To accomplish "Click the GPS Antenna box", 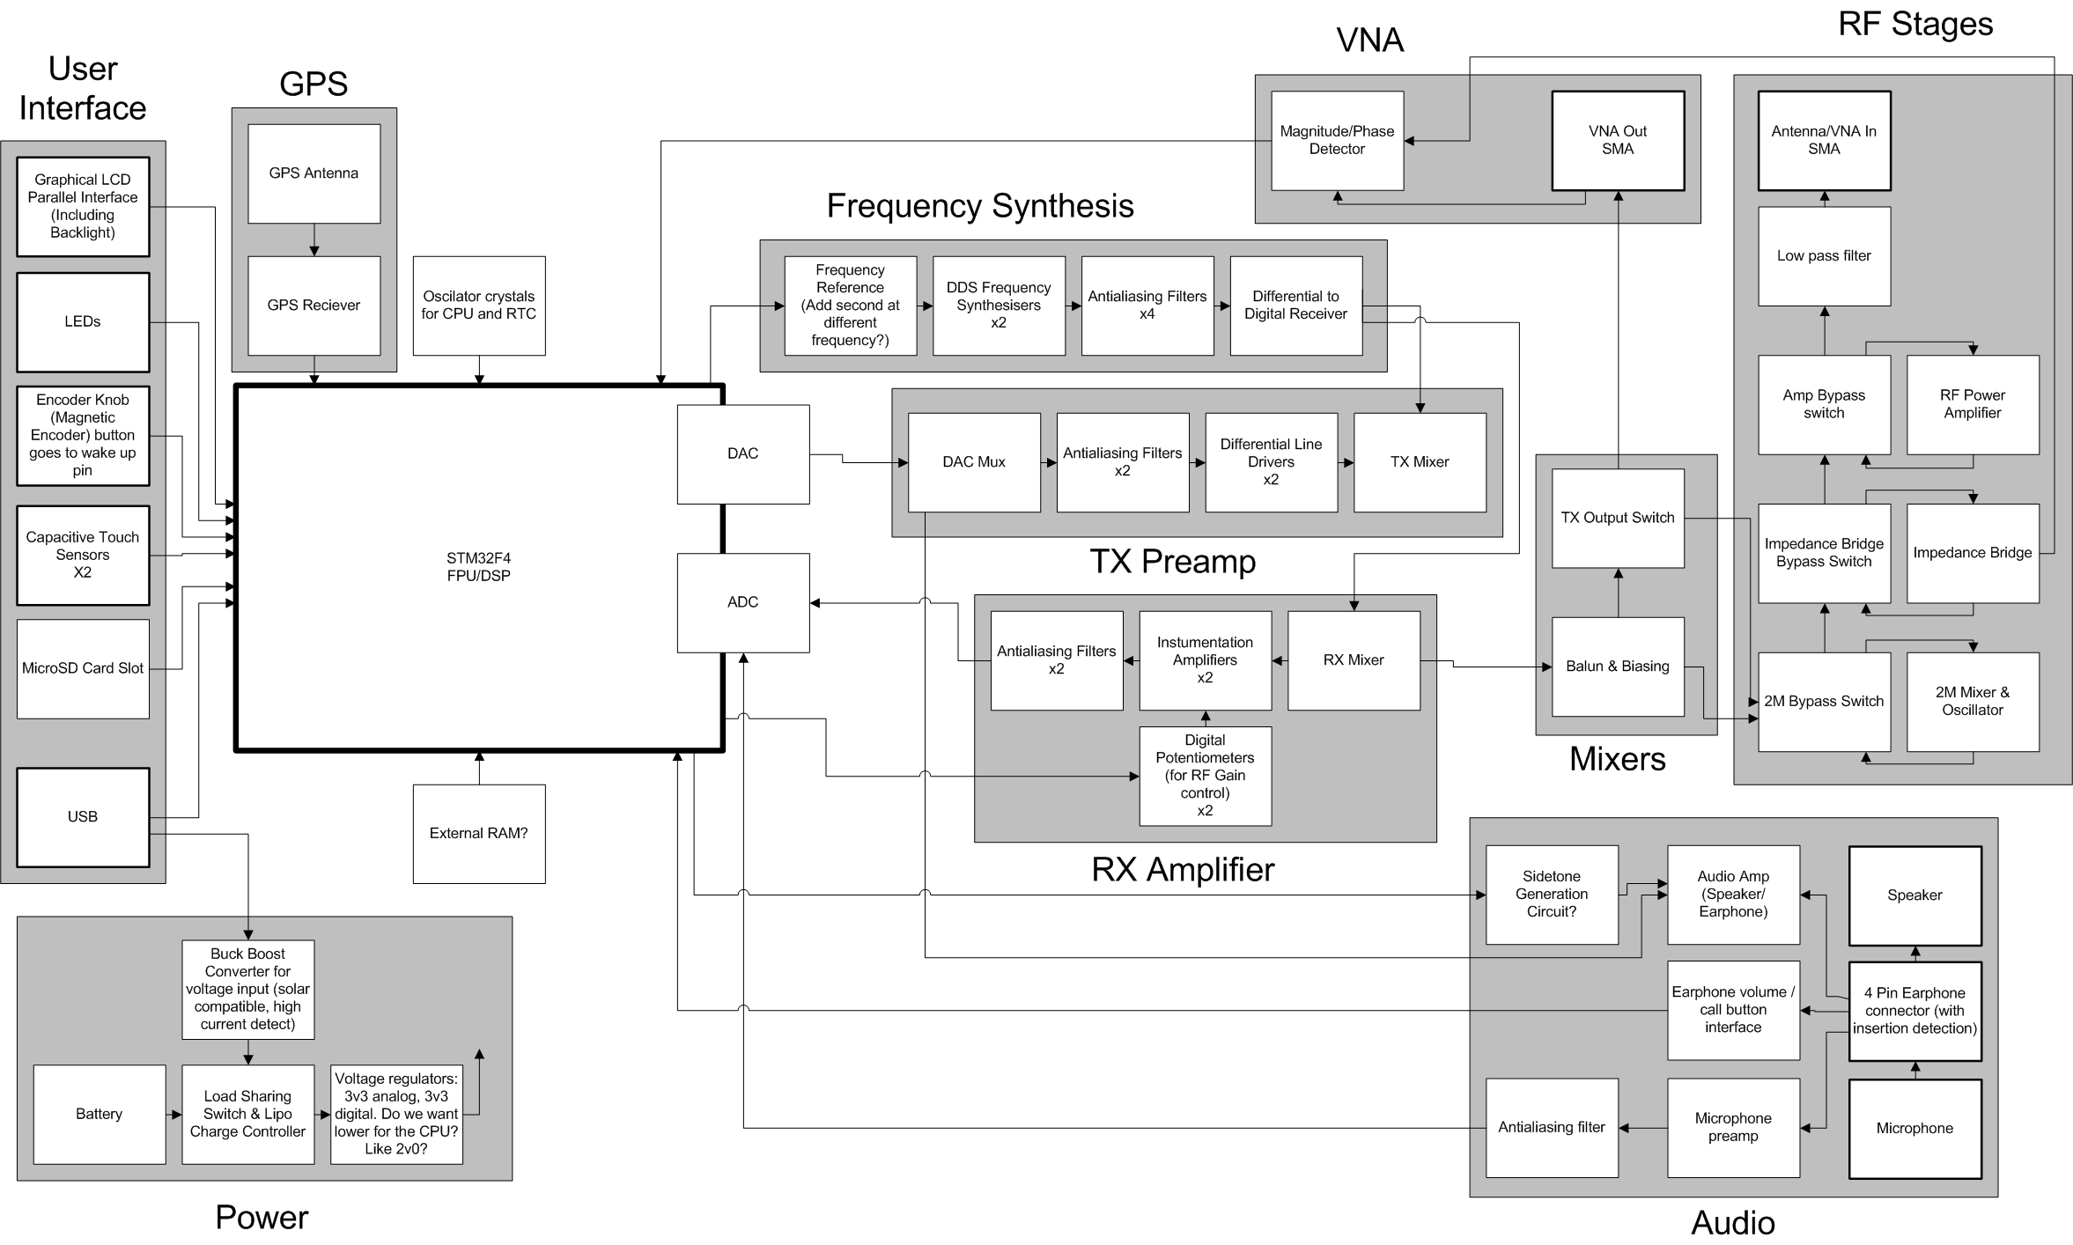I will [x=314, y=173].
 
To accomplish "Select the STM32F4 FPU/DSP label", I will [x=478, y=567].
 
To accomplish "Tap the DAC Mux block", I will [x=973, y=462].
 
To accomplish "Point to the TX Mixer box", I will [x=1419, y=462].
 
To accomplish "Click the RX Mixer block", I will [x=1353, y=660].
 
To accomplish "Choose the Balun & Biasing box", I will [x=1617, y=667].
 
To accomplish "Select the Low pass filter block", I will [x=1823, y=256].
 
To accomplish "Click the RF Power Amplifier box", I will [x=1972, y=404].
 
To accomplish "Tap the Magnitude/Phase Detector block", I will [x=1336, y=140].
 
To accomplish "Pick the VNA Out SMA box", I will [x=1617, y=140].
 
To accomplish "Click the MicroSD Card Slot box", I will [x=83, y=668].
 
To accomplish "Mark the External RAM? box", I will [x=478, y=833].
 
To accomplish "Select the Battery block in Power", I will [x=99, y=1114].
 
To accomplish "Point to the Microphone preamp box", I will [x=1732, y=1127].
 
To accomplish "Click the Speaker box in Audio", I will [x=1914, y=895].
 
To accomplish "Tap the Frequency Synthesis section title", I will [x=979, y=206].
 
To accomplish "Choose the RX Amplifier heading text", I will [x=1182, y=870].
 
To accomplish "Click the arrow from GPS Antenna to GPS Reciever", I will [x=314, y=239].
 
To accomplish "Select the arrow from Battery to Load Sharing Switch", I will [x=173, y=1115].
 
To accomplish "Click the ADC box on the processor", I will [x=742, y=602].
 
